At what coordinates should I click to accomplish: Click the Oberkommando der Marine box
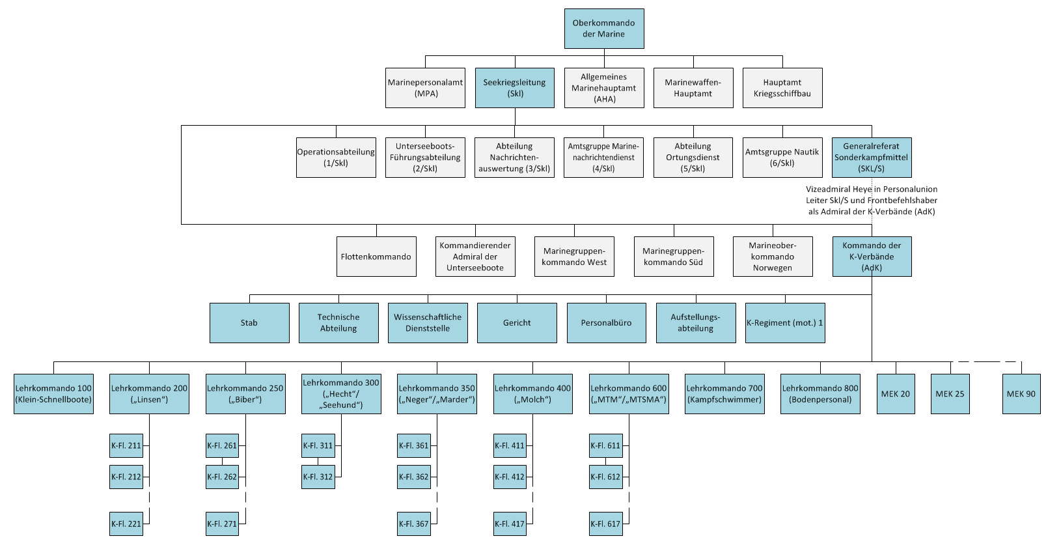604,29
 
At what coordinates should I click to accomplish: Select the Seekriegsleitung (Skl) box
515,88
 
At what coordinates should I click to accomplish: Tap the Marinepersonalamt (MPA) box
425,88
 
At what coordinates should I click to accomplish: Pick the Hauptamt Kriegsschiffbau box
782,88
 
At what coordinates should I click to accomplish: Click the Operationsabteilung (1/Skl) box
337,158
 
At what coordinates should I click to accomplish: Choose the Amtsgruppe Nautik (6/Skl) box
782,158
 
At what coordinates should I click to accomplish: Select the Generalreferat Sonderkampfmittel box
872,158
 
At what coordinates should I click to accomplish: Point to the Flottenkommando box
377,257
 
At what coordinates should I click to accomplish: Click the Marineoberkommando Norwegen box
773,257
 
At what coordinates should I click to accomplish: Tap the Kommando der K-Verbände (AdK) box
872,257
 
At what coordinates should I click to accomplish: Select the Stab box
249,323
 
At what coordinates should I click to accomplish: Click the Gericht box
517,323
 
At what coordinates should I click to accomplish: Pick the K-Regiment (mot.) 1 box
785,323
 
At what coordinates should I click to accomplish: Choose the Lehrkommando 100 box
53,394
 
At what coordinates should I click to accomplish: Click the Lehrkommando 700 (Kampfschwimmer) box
724,394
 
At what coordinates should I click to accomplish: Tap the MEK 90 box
1021,394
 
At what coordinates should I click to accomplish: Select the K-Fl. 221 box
126,524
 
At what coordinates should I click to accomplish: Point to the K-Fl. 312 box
318,477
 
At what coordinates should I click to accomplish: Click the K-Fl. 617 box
606,524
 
